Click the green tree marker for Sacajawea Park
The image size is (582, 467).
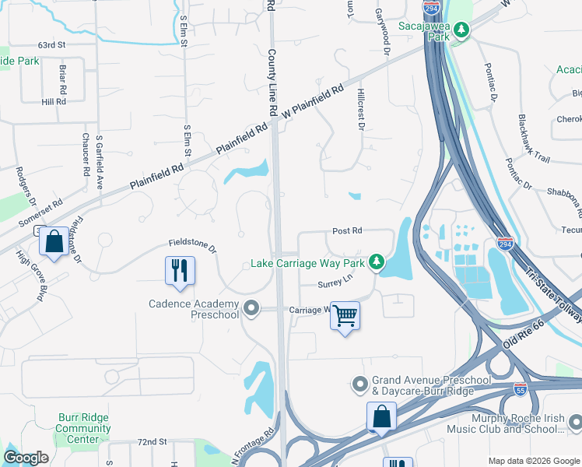tap(462, 30)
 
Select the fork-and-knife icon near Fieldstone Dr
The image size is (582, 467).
tap(180, 271)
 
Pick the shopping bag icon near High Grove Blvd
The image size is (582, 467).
tap(54, 242)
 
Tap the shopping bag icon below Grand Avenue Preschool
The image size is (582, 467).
tap(381, 416)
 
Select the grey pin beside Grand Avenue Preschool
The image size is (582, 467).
tap(359, 384)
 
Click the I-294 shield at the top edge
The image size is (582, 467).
tap(431, 9)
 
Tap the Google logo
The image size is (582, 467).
tap(26, 458)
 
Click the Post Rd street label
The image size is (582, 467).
tap(347, 231)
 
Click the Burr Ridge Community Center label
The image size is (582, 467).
tap(83, 428)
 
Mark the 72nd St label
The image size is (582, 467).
tap(153, 441)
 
